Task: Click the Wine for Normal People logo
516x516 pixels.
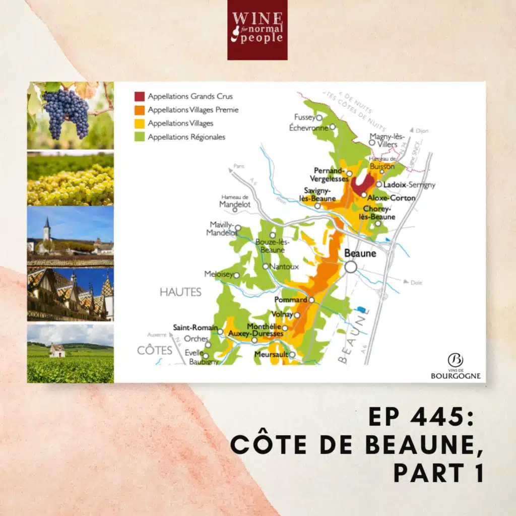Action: pos(257,30)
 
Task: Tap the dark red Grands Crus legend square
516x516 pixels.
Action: pos(139,96)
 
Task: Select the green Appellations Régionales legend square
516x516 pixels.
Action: pos(139,137)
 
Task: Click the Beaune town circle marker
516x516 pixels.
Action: pos(351,267)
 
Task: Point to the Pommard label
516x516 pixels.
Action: pos(290,300)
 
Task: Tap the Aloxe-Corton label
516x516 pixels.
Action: pos(391,198)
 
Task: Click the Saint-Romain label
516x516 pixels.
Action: pos(195,328)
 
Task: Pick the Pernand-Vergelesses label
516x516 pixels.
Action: pos(330,175)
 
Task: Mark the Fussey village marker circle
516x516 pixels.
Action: pos(319,117)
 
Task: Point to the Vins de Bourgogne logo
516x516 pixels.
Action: pos(455,366)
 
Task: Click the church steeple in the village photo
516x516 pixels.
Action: pos(46,229)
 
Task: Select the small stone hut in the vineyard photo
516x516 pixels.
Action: pos(57,350)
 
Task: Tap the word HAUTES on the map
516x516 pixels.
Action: pos(180,292)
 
